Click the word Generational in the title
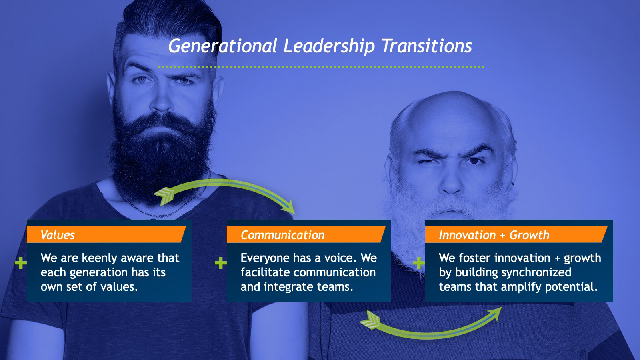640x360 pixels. click(x=222, y=46)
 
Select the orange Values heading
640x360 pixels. click(x=58, y=235)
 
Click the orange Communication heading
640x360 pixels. click(x=282, y=235)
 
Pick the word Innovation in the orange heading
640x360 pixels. click(x=467, y=235)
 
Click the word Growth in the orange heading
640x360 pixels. click(x=529, y=235)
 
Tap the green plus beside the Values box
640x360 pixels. click(x=21, y=263)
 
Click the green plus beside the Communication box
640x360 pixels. click(x=220, y=263)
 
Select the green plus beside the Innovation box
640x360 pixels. click(x=419, y=263)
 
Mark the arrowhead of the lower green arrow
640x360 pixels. click(x=495, y=313)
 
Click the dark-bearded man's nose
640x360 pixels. click(x=162, y=100)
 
